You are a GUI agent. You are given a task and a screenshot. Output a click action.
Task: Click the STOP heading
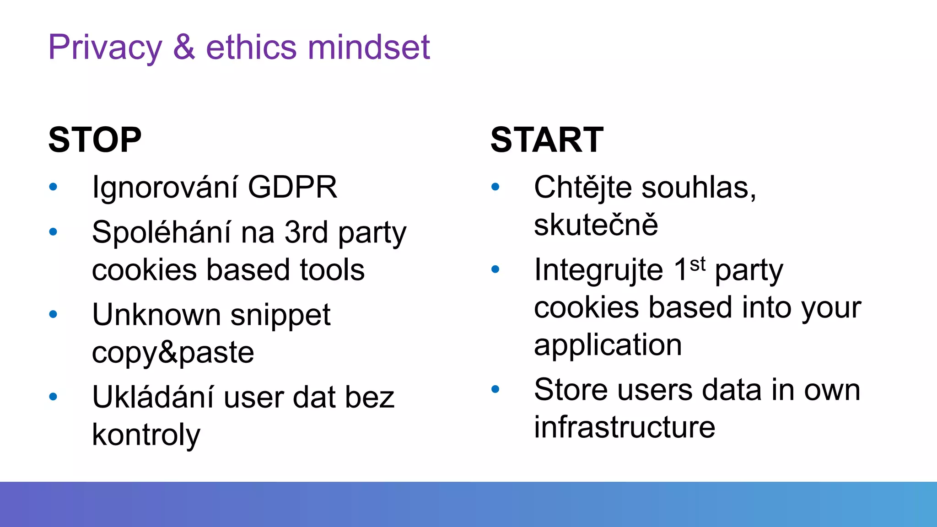(95, 140)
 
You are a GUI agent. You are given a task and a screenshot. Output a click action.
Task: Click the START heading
(547, 140)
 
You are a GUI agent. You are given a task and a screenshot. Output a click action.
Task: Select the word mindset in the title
(369, 48)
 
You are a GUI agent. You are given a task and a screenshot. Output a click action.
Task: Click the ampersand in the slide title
(184, 48)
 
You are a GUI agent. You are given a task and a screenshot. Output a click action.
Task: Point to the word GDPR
(292, 187)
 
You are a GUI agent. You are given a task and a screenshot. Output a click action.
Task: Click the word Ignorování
(165, 188)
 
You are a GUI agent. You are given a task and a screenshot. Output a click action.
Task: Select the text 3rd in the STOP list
(306, 232)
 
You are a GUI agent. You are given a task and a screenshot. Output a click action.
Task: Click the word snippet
(280, 316)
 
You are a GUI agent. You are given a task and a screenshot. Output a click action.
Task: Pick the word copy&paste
(173, 353)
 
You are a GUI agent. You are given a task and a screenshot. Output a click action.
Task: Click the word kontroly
(146, 435)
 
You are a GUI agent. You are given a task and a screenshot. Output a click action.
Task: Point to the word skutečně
(596, 225)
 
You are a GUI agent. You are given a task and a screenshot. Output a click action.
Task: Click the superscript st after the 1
(698, 264)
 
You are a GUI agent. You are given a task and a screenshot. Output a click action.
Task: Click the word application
(608, 345)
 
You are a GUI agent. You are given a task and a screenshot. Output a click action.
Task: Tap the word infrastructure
(624, 427)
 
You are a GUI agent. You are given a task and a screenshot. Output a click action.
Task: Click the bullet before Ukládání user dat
(53, 397)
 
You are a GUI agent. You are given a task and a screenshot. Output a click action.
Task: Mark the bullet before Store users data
(495, 389)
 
